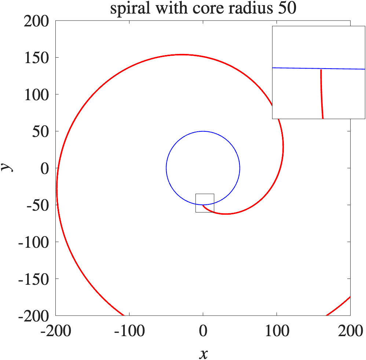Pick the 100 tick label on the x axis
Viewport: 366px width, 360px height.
[277, 332]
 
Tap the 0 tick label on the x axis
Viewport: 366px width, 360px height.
[203, 332]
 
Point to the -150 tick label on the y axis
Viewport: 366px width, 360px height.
[37, 279]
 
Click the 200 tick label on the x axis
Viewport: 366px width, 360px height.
[350, 332]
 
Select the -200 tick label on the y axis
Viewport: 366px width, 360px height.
[37, 316]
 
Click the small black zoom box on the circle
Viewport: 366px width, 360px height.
[205, 203]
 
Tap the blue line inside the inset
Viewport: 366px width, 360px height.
[293, 68]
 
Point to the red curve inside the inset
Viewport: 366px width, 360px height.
[322, 95]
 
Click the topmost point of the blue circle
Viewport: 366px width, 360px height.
[203, 131]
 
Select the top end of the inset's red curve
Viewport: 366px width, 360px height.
[321, 70]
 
